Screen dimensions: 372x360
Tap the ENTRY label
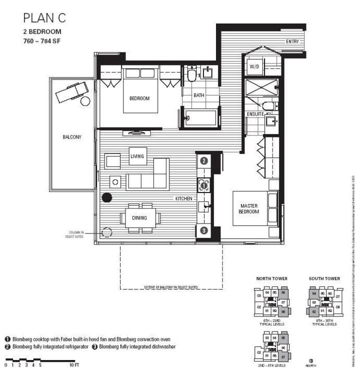click(292, 42)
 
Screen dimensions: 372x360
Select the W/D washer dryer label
click(253, 66)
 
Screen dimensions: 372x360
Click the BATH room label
click(198, 95)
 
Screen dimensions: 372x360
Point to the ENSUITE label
click(255, 114)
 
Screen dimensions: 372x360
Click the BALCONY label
click(72, 136)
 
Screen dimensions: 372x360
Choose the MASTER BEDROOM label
click(249, 208)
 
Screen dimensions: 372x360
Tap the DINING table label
click(139, 217)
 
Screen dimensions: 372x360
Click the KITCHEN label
click(183, 198)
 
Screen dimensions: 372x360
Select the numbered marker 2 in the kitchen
click(204, 161)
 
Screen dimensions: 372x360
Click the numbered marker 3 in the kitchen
click(204, 230)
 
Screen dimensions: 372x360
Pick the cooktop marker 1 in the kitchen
click(204, 185)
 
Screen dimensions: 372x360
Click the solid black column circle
click(106, 197)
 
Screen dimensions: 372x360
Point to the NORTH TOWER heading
click(270, 278)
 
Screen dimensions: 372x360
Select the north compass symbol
click(311, 360)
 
